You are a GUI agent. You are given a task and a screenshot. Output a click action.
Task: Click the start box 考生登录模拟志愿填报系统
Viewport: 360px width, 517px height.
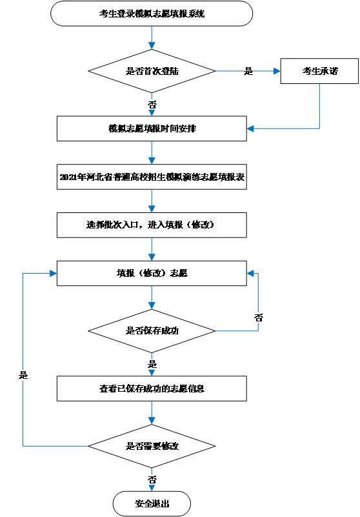(152, 13)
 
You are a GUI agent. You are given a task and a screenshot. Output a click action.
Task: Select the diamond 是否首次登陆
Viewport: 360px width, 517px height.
(152, 71)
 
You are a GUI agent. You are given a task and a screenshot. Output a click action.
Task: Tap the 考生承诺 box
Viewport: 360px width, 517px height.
(319, 71)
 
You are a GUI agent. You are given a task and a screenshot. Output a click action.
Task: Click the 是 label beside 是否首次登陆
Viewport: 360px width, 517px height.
(248, 72)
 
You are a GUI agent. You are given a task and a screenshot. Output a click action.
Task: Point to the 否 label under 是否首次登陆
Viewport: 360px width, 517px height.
(152, 104)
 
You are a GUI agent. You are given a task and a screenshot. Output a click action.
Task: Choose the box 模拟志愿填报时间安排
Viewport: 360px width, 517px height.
(152, 128)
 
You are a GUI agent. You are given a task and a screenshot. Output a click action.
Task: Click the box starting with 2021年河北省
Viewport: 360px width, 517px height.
(152, 176)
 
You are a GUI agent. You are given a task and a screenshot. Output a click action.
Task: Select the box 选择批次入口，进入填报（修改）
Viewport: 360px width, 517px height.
(152, 225)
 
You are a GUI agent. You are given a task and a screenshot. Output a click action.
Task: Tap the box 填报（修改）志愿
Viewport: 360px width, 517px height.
(152, 273)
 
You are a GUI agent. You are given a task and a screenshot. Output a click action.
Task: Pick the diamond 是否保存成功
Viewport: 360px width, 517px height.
(152, 331)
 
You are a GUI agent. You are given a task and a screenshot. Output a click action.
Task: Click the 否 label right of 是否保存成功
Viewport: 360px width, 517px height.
(258, 318)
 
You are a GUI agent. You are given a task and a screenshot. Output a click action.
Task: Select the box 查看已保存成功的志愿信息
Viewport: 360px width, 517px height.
(152, 389)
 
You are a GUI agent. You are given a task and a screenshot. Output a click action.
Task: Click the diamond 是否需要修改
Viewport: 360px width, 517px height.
(152, 446)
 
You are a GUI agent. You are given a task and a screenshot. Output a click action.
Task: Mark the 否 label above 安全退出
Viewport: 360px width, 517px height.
(152, 480)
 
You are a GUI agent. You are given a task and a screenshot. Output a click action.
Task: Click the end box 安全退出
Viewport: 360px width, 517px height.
(152, 503)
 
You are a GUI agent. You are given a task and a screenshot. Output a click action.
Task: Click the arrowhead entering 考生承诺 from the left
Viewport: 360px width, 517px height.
(277, 71)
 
